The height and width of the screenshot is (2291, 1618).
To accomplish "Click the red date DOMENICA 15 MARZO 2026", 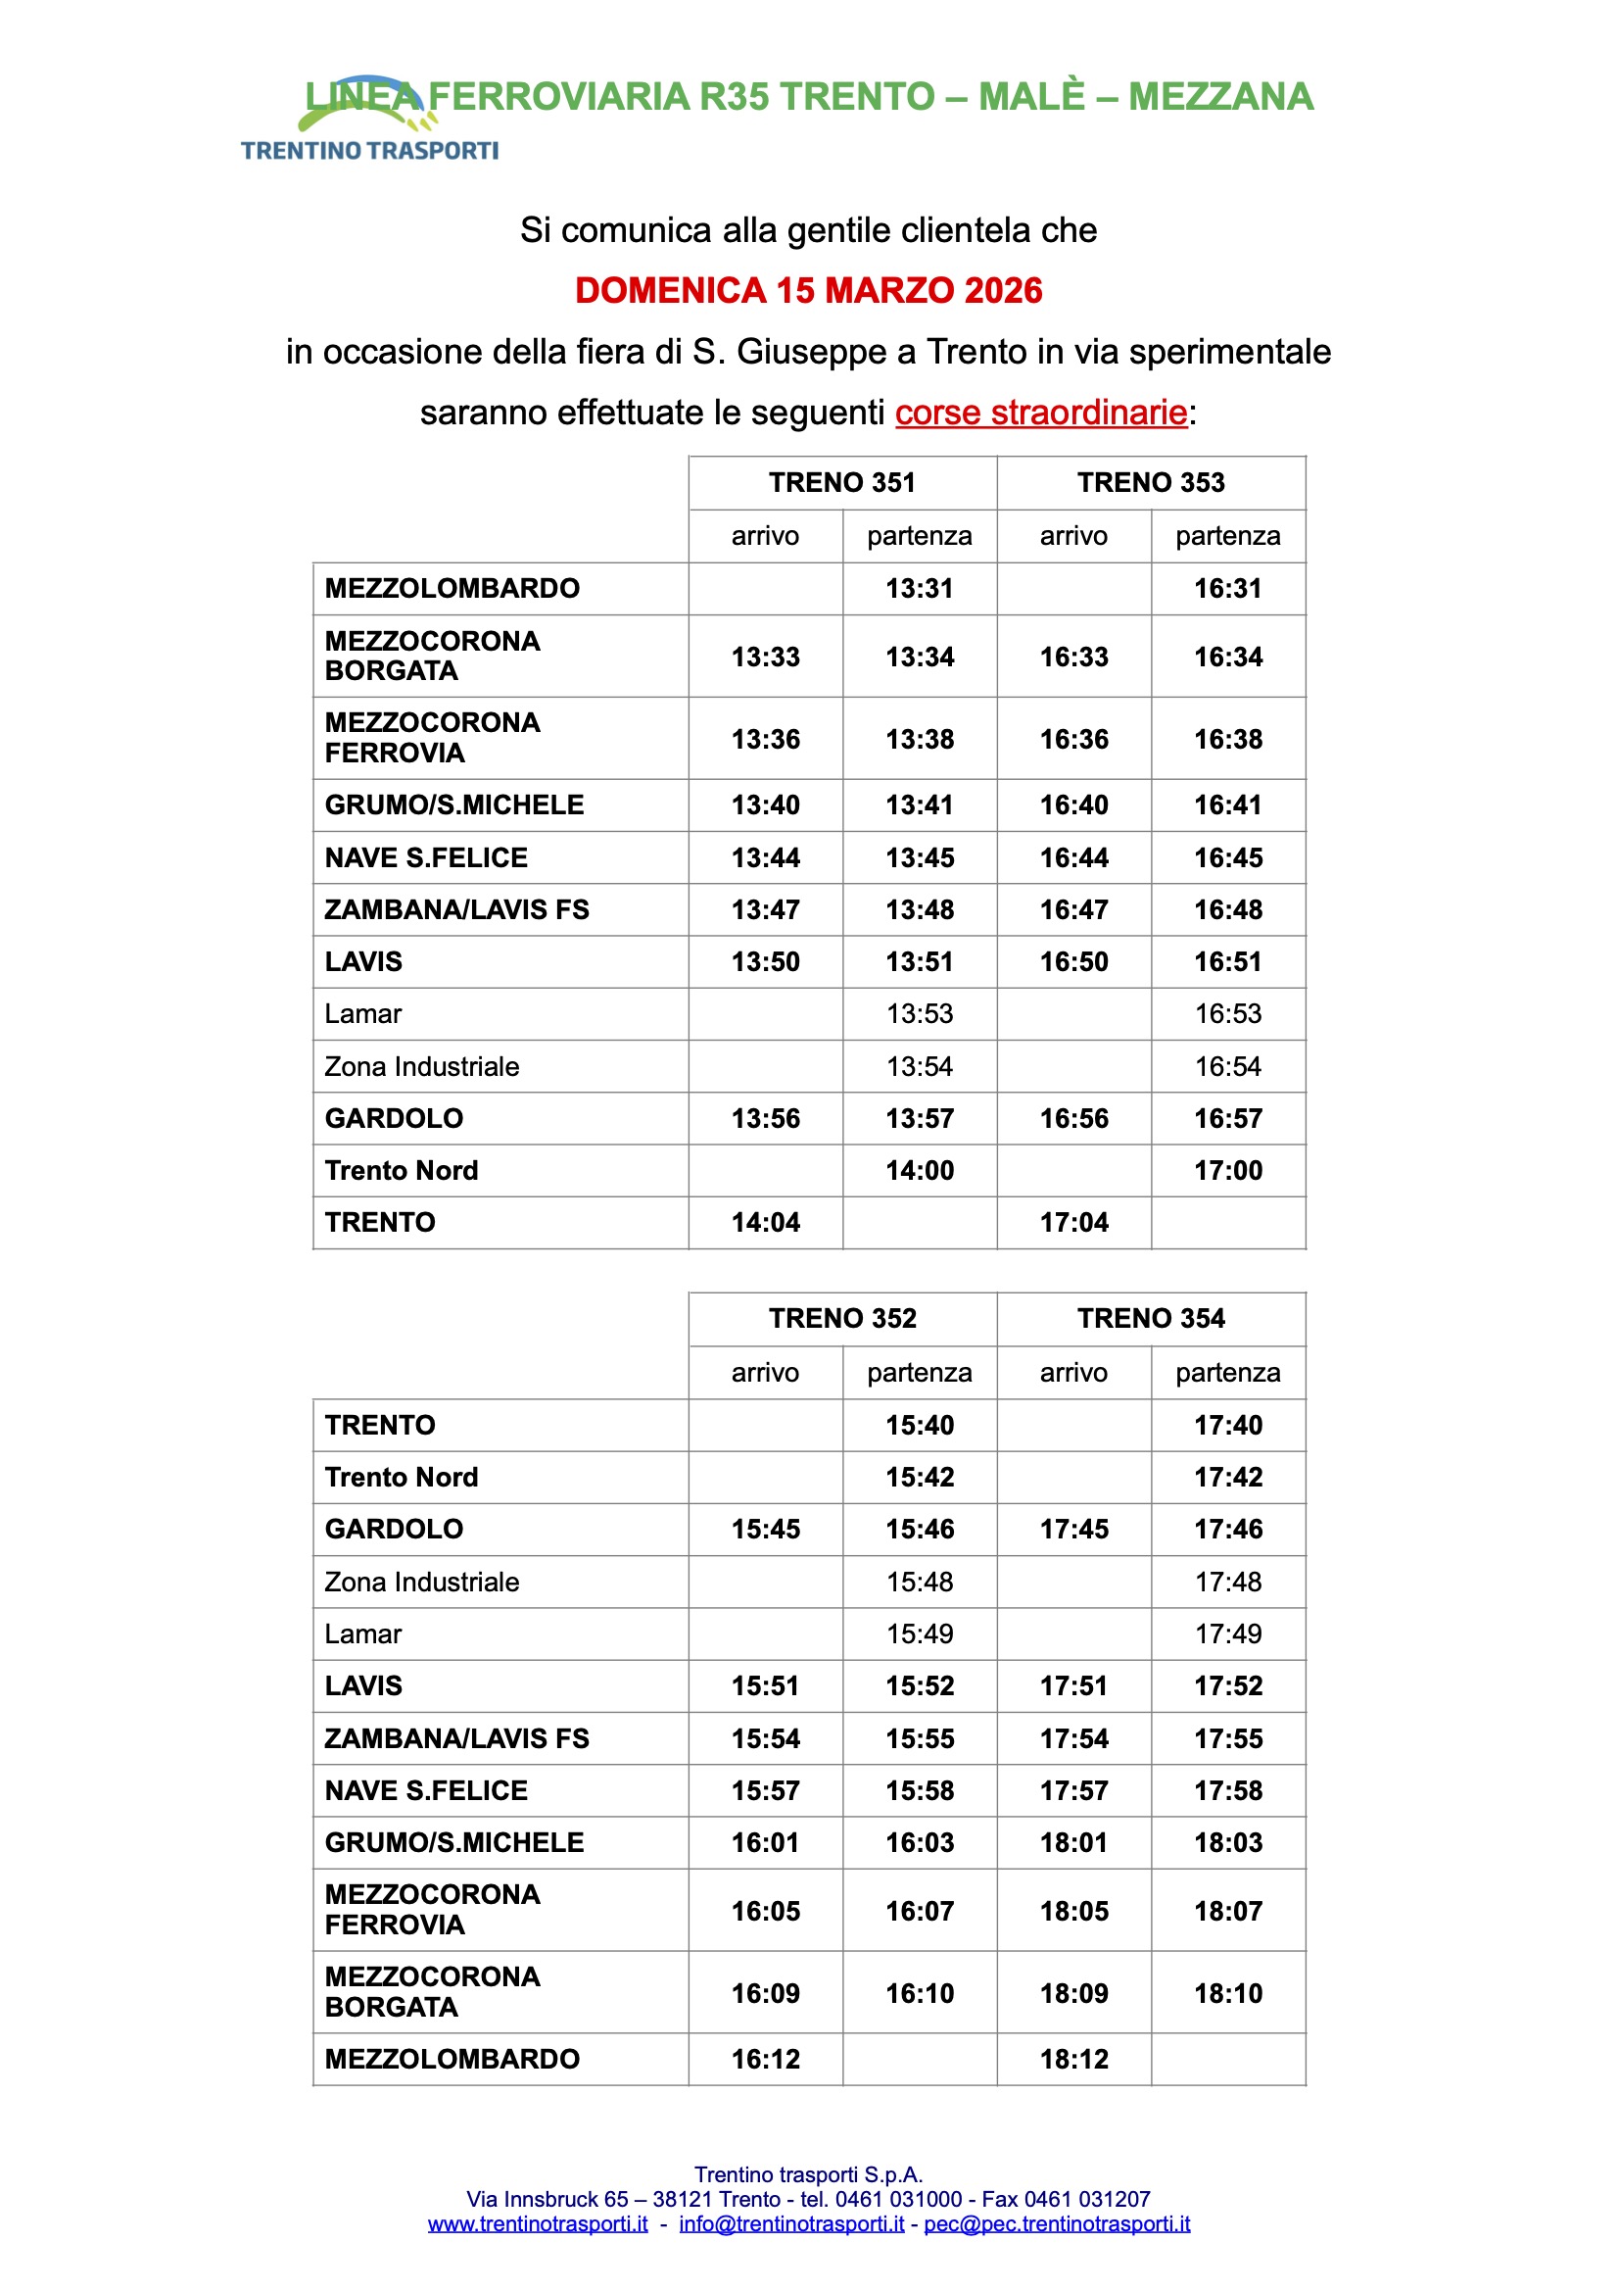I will pos(808,290).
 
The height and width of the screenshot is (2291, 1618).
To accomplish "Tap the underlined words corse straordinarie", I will pos(1040,413).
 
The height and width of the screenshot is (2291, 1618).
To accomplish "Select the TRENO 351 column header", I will pos(842,483).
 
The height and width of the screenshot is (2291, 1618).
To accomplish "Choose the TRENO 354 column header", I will pos(1150,1318).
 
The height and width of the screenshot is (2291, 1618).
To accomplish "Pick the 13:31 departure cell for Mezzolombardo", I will pos(919,589).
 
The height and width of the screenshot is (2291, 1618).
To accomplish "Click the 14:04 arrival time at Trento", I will pos(765,1222).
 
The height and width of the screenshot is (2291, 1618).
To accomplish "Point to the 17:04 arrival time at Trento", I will pos(1073,1222).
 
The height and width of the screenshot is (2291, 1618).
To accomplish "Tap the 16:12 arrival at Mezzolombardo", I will pos(765,2059).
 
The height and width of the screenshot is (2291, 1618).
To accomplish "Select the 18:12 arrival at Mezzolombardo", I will pos(1073,2059).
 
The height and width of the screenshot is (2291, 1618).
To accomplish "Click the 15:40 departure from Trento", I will pos(919,1425).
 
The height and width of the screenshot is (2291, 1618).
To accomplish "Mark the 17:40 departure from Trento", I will pos(1228,1425).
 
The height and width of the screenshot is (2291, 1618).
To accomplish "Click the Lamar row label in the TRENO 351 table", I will pos(363,1014).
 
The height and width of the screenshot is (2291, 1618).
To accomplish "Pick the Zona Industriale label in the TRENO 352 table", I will pos(422,1582).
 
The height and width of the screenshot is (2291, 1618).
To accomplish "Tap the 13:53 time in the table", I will pos(919,1014).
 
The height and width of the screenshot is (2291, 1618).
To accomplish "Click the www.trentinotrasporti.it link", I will pos(538,2223).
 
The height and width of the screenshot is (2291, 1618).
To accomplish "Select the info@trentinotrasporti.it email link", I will pos(791,2223).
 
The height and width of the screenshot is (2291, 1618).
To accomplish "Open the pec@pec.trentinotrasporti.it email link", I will pos(1057,2223).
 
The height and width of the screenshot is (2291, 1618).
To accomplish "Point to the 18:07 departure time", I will pos(1228,1911).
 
